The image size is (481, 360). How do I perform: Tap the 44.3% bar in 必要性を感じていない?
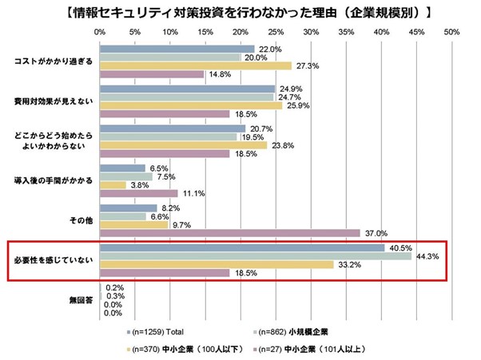256,255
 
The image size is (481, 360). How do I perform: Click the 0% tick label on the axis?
100,33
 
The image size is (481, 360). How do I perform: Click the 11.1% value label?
193,194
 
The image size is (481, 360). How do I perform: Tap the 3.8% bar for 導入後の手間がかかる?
113,185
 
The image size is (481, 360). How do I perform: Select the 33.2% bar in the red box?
217,264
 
